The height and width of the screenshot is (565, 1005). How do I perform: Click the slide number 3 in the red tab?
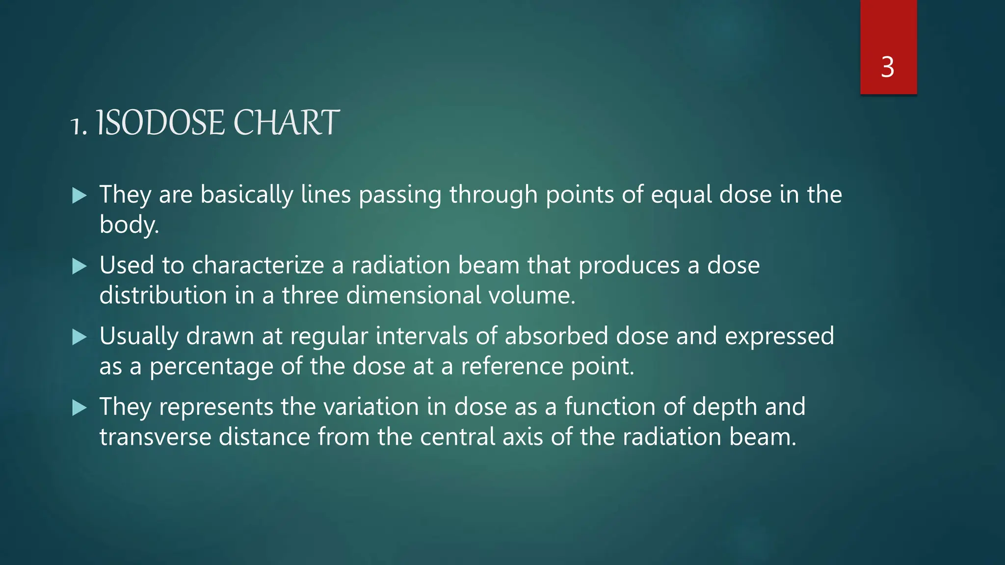click(887, 67)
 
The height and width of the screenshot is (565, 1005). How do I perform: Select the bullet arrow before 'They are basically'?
click(79, 196)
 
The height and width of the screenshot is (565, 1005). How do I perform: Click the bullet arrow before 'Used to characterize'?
click(79, 266)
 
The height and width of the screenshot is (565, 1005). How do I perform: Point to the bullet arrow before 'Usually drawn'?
click(79, 337)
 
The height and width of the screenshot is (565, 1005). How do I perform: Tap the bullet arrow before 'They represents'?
click(79, 408)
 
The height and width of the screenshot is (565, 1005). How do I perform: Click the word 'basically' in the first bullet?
click(246, 195)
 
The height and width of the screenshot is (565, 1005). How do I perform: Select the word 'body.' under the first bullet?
click(129, 225)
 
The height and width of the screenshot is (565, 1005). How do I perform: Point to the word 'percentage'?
click(211, 367)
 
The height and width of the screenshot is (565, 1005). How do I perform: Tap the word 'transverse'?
click(155, 437)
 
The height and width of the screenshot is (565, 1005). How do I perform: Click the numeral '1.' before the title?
click(79, 126)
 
